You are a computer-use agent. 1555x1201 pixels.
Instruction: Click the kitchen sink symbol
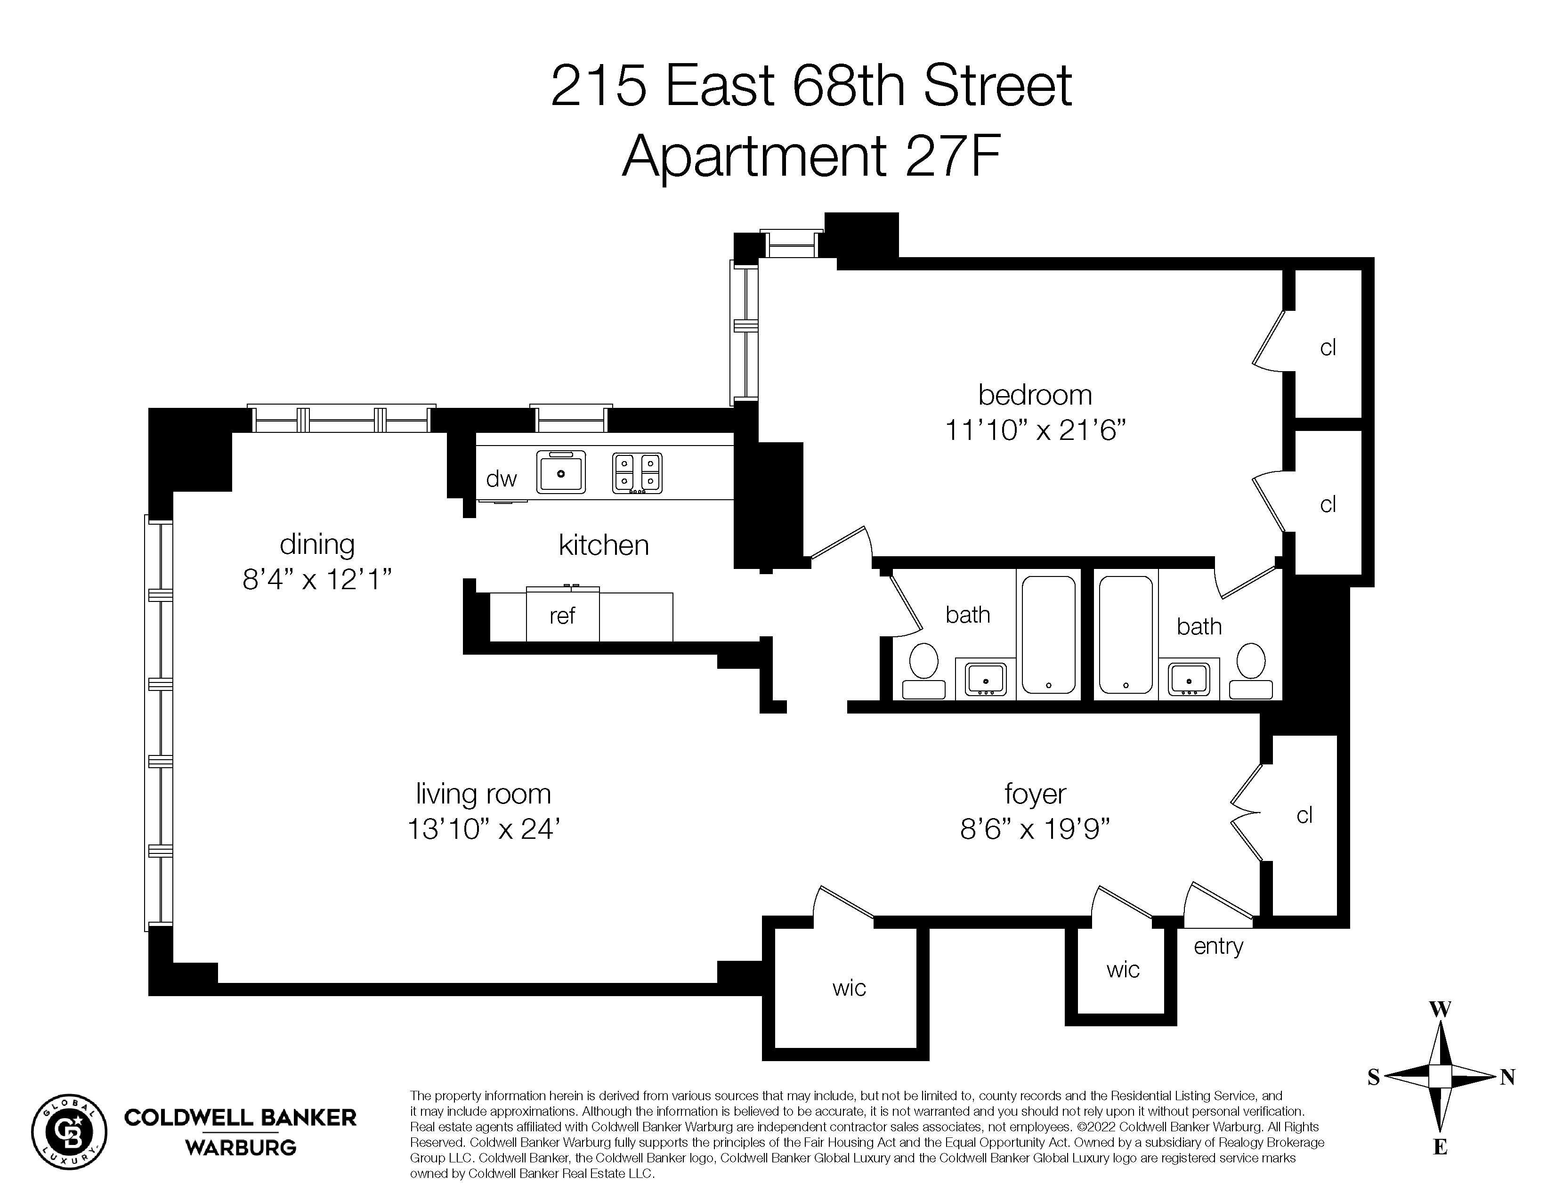(x=561, y=471)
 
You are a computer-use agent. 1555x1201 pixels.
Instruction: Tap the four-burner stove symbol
(x=637, y=473)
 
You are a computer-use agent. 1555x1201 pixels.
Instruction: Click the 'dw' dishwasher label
(x=501, y=479)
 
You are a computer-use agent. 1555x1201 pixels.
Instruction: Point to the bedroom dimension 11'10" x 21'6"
(x=1035, y=430)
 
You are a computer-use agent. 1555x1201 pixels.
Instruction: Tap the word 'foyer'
(x=1035, y=794)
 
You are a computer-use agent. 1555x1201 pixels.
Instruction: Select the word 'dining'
(x=317, y=544)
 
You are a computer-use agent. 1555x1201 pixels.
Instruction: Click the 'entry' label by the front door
(x=1218, y=946)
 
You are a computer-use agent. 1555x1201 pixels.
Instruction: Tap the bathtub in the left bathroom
(x=1049, y=633)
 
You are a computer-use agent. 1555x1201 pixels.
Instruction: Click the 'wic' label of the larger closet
(x=849, y=988)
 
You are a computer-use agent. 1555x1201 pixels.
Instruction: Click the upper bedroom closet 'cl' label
(x=1328, y=348)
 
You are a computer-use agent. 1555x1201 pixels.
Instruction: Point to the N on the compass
(x=1507, y=1077)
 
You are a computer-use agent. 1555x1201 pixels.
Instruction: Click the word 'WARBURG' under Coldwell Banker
(x=241, y=1148)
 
